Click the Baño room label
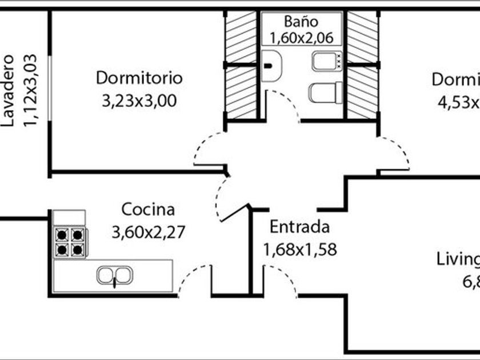coord(301,22)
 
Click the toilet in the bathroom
coord(325,92)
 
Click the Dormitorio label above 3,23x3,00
coord(139,77)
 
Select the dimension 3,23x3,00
coord(139,101)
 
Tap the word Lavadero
coord(8,90)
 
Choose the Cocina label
coord(148,209)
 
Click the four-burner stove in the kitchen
coord(70,242)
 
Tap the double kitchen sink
coord(114,275)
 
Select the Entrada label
coord(299,227)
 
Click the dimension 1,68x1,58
coord(299,249)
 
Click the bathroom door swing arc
coord(284,103)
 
